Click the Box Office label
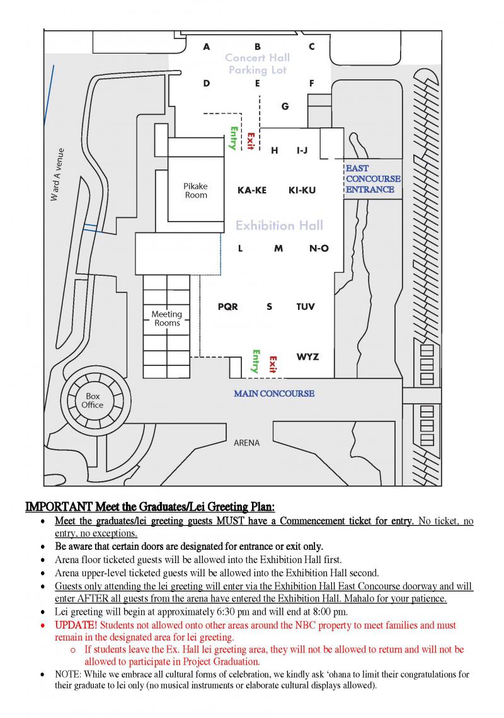[x=92, y=400]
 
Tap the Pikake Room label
[x=195, y=190]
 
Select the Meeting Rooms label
[x=167, y=318]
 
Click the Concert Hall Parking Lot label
[x=258, y=64]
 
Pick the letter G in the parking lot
[x=285, y=106]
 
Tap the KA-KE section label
[x=251, y=190]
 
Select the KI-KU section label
[x=302, y=190]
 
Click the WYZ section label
[x=307, y=357]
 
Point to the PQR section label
[x=227, y=307]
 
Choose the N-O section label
[x=319, y=248]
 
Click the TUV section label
[x=306, y=307]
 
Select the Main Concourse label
[x=274, y=394]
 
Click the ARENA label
[x=246, y=443]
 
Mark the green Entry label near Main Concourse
[x=256, y=362]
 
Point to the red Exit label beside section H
[x=250, y=141]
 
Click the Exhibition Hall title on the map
[x=279, y=225]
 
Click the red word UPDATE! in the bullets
[x=76, y=625]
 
